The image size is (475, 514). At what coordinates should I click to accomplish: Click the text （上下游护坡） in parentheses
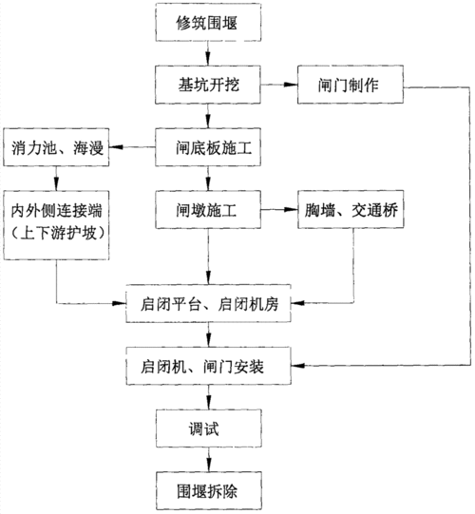[x=56, y=228]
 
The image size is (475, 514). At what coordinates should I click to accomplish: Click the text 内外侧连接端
[x=56, y=207]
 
